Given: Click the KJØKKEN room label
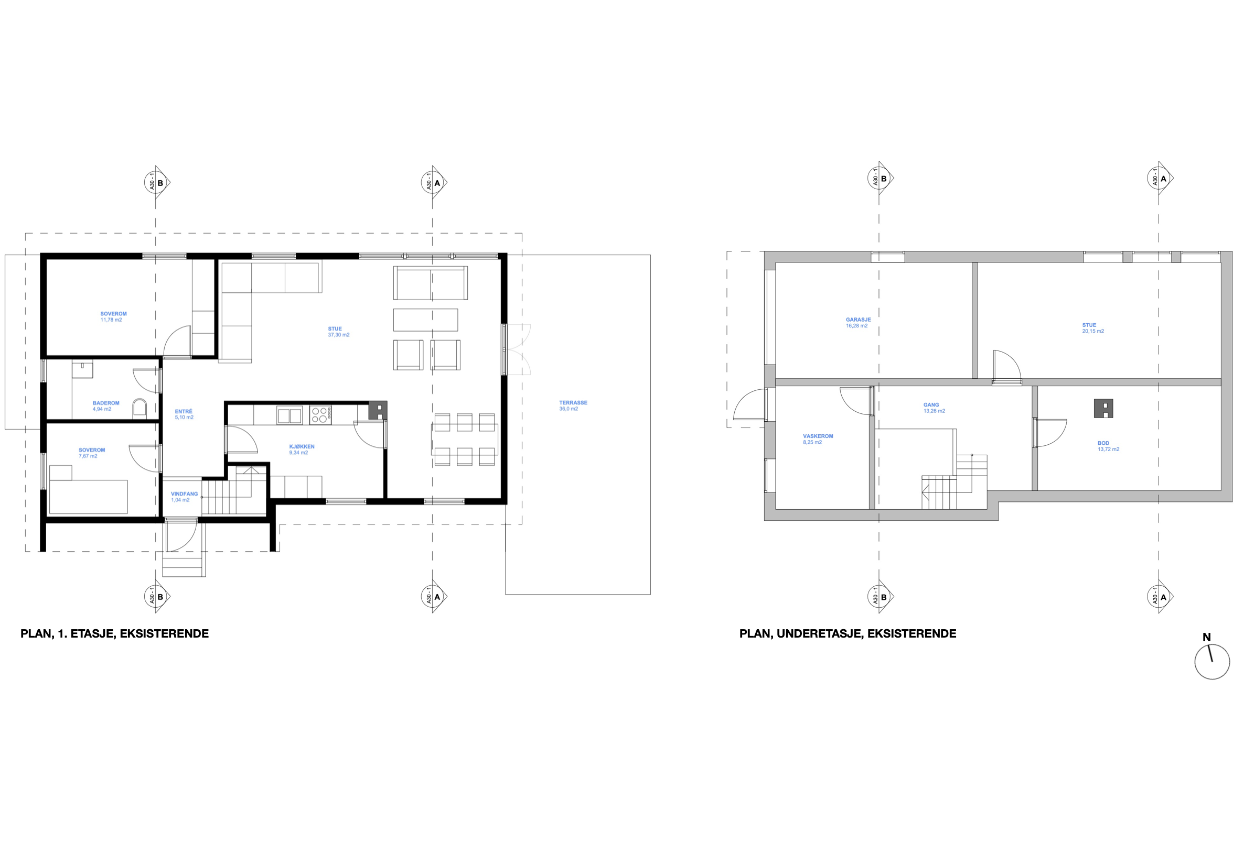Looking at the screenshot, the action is point(302,446).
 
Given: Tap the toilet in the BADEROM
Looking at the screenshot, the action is point(140,408).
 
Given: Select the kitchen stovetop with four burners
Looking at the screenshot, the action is point(320,415).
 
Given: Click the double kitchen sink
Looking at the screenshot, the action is point(289,415).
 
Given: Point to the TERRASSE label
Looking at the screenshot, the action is point(573,402).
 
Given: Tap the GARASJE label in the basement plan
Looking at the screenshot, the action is point(859,319).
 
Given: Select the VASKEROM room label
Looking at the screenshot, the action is point(818,436).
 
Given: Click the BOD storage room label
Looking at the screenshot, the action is point(1103,443).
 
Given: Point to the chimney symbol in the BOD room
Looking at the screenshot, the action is point(1103,408).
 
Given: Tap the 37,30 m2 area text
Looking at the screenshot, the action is point(338,335).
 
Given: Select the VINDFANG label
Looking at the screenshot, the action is point(185,494).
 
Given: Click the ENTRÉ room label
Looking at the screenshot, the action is point(184,411).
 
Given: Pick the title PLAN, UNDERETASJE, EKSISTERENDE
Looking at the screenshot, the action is point(847,634).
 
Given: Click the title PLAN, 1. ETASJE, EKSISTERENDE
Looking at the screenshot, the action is point(114,634).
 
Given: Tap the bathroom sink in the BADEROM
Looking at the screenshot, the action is point(82,369).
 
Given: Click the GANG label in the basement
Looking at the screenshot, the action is point(931,405).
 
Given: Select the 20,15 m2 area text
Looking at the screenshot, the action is point(1093,331).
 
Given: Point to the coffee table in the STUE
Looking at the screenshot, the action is point(425,320).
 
